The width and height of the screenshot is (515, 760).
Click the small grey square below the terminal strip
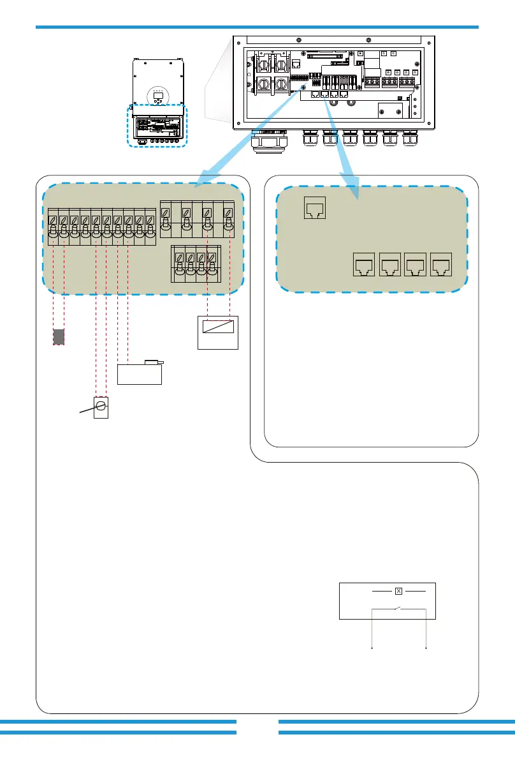tap(59, 336)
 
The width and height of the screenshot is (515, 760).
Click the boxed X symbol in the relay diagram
tap(398, 591)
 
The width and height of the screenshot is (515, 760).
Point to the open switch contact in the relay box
tap(397, 608)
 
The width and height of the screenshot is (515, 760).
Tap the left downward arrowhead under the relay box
tap(372, 649)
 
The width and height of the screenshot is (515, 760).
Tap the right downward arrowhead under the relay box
tap(425, 649)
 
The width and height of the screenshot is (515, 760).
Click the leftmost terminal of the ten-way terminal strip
tap(53, 229)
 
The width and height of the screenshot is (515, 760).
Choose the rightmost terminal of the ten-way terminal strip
tap(150, 229)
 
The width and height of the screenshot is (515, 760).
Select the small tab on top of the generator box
tap(153, 362)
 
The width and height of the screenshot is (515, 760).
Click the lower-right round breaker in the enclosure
tap(280, 85)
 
